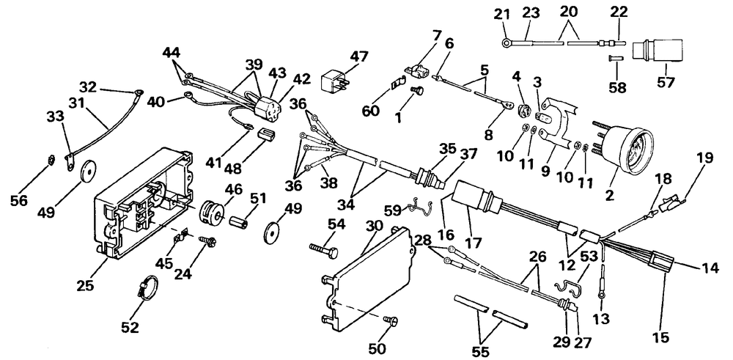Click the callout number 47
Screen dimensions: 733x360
(x=359, y=56)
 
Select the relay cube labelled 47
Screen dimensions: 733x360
(x=335, y=81)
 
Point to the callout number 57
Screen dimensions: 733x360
(x=666, y=83)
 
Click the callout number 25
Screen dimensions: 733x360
(x=86, y=284)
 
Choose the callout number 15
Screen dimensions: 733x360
(x=662, y=336)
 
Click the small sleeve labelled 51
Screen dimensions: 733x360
(x=237, y=220)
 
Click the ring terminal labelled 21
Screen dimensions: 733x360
(x=507, y=43)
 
